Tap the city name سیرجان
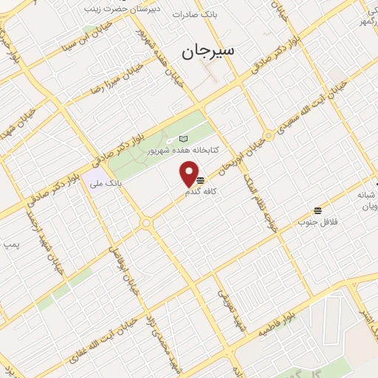(207, 51)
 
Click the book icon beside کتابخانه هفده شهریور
(183, 139)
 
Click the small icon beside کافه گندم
(200, 179)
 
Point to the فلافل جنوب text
(317, 221)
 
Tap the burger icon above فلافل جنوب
(317, 210)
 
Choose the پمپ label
(10, 243)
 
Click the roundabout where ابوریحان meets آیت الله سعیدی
(269, 136)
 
